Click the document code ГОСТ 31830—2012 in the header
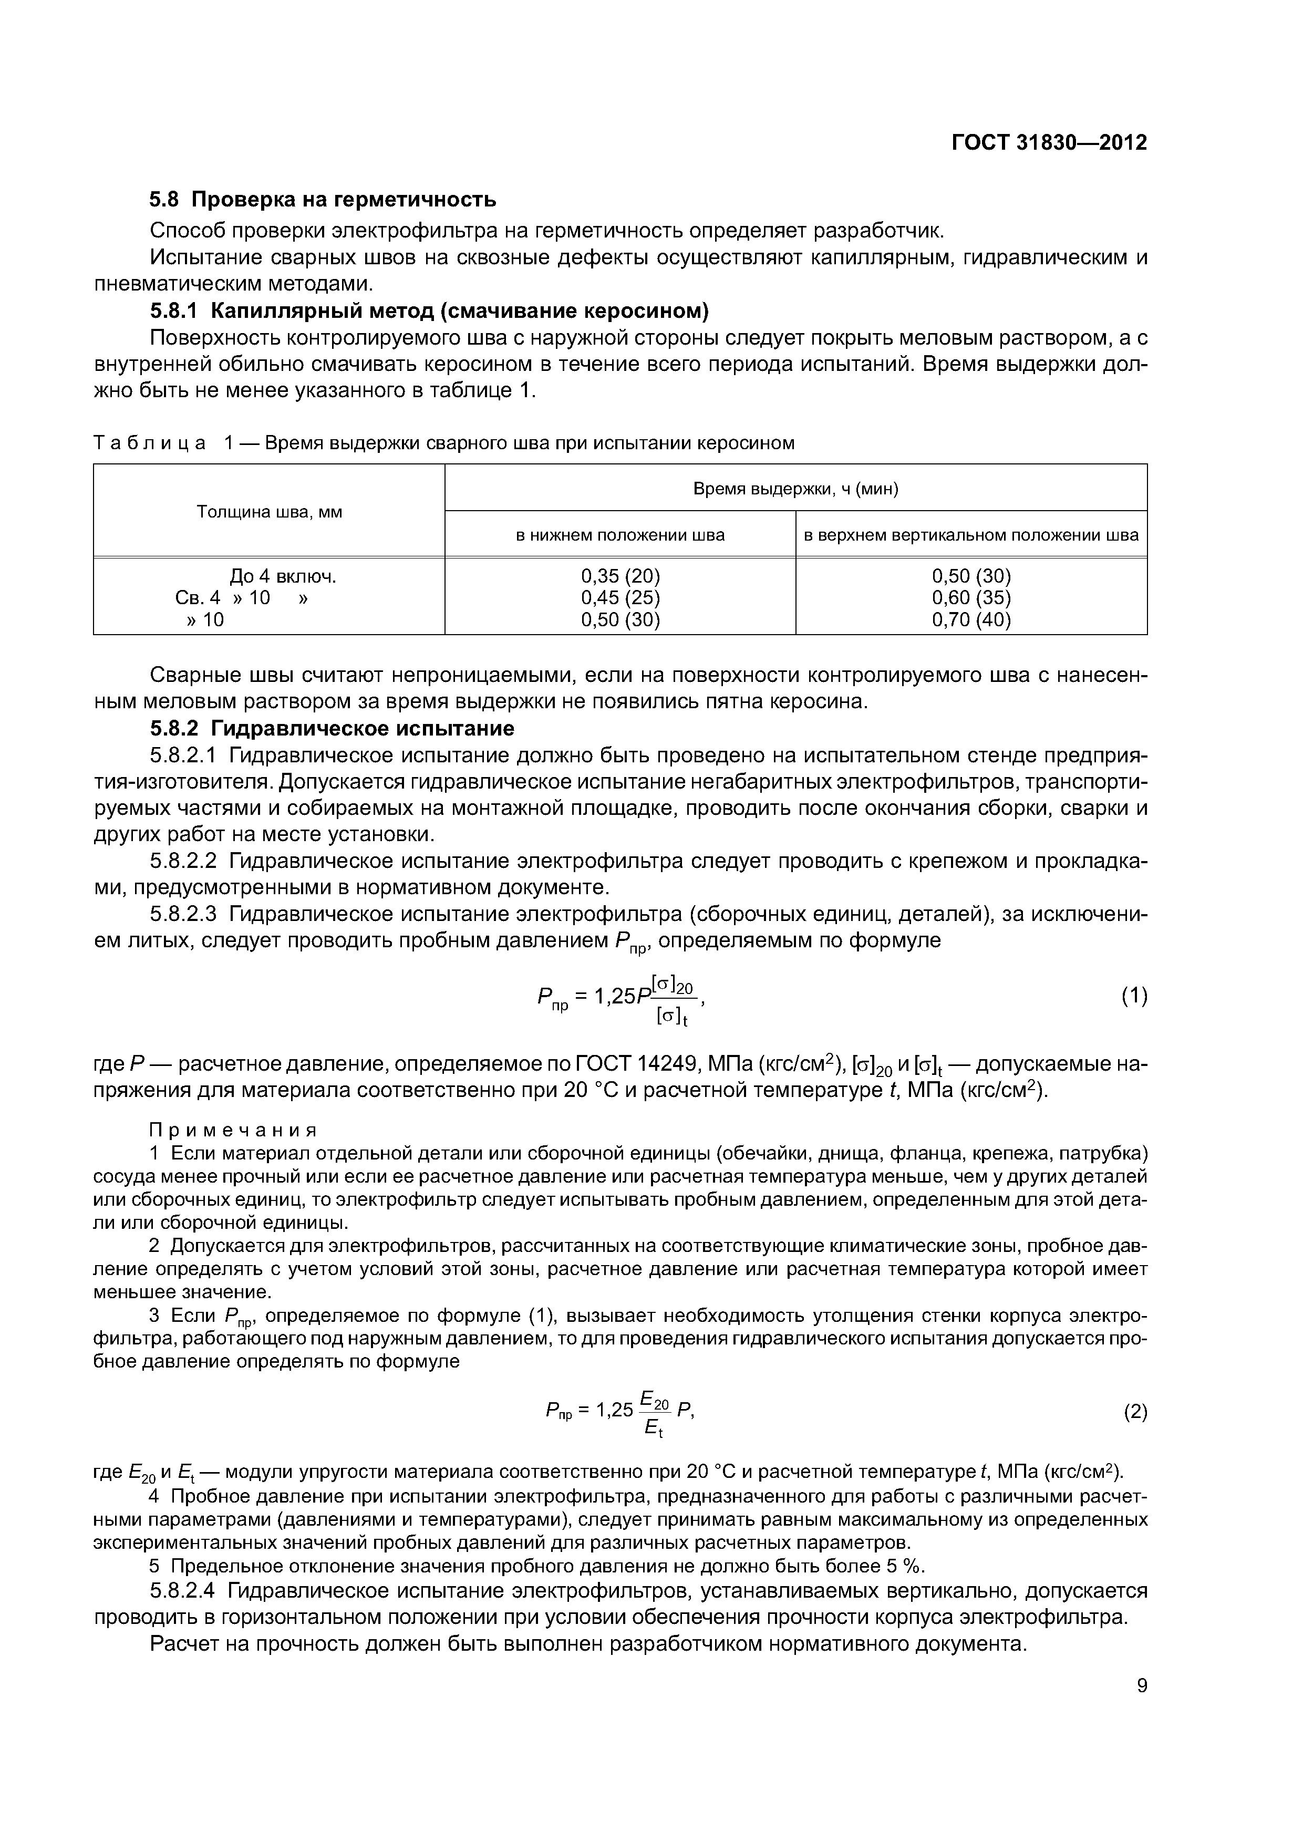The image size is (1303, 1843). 1049,143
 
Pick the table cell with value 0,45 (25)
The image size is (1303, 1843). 620,597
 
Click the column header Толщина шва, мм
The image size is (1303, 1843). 269,511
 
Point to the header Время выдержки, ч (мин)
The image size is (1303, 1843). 795,489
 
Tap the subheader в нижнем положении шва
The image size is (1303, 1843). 620,535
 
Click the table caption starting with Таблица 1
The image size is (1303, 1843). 444,443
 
